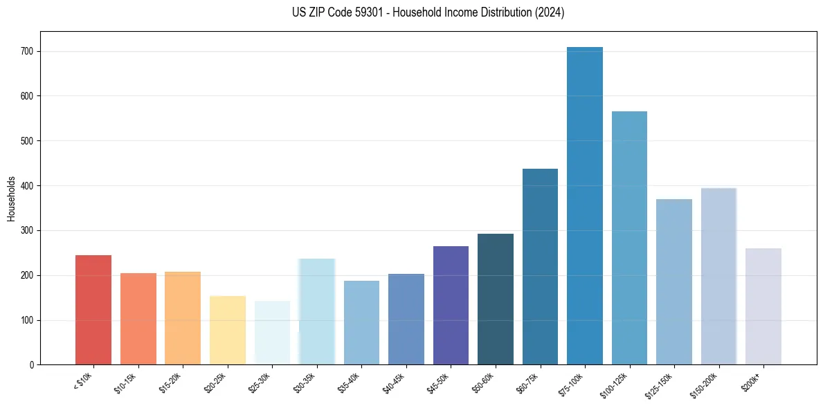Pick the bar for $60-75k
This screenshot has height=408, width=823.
[540, 266]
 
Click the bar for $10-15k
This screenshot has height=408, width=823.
[138, 319]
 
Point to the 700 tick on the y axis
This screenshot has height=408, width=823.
[33, 52]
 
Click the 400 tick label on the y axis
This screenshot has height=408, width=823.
[33, 186]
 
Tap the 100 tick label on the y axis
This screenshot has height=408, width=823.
[33, 320]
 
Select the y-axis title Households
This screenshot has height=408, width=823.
[11, 198]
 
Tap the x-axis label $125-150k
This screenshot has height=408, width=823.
[669, 383]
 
